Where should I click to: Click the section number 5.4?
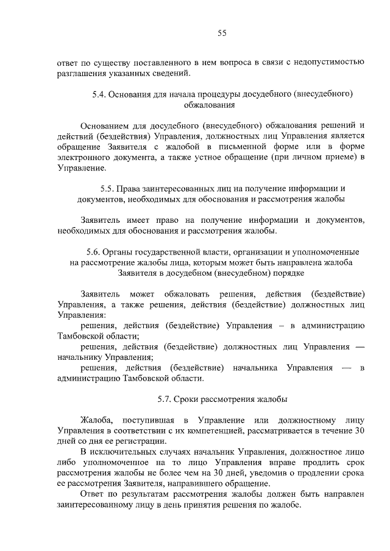pyautogui.click(x=98, y=94)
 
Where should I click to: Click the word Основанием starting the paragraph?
pyautogui.click(x=104, y=126)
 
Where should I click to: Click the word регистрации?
pyautogui.click(x=139, y=441)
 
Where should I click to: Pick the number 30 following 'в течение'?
pyautogui.click(x=360, y=431)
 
